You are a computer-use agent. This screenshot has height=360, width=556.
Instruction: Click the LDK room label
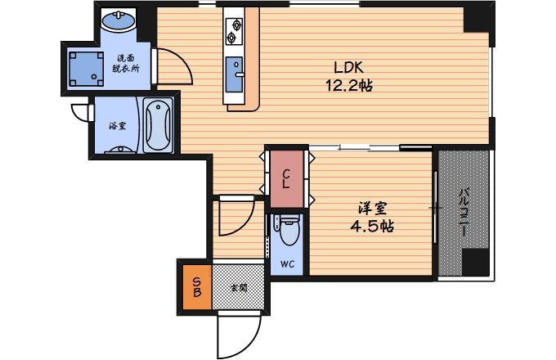coord(348,67)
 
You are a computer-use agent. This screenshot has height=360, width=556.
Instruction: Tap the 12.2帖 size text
coord(349,85)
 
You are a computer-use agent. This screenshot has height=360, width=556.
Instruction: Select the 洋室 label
coord(372,208)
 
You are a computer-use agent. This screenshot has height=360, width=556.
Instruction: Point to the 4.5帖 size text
coord(372,226)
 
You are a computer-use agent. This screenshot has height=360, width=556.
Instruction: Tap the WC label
coord(287,264)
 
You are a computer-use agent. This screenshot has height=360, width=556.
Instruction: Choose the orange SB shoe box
coord(197,287)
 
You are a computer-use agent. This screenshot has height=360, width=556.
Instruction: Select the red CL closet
coord(287,178)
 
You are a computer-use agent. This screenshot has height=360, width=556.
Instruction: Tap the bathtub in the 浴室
coord(158,125)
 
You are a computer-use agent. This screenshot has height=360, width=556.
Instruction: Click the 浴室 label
coord(118,125)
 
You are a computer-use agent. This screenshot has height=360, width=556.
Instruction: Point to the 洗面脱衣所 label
coord(126,64)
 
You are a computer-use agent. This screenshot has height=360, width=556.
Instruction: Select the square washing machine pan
coord(86,70)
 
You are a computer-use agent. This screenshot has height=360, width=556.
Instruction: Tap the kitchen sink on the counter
coord(234,74)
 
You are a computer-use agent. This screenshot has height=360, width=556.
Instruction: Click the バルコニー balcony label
coord(463,213)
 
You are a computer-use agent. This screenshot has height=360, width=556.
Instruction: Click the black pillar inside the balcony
coord(476,262)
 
